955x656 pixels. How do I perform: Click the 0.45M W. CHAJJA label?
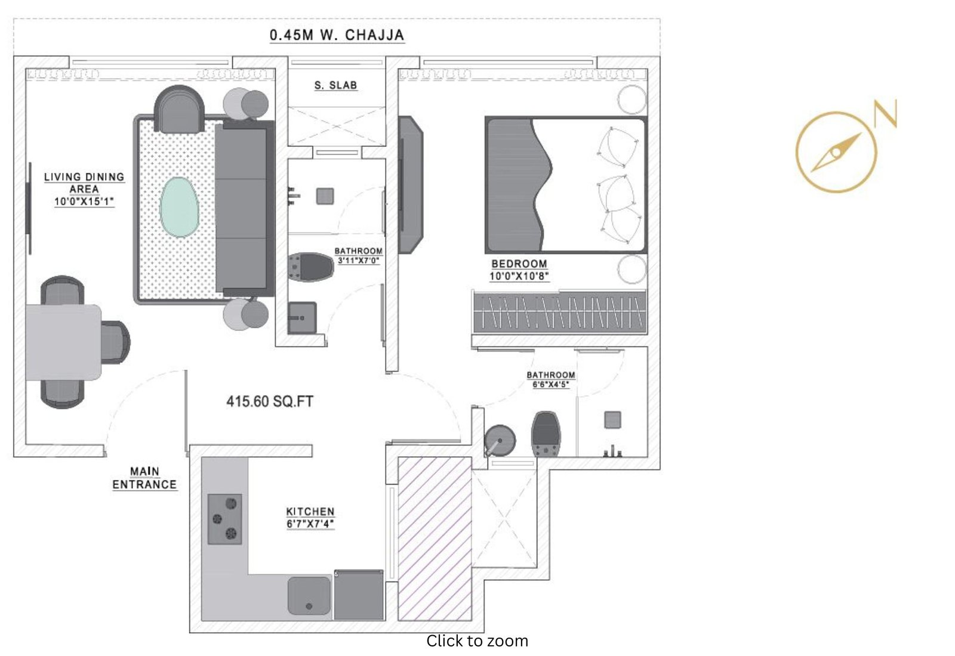[x=337, y=35]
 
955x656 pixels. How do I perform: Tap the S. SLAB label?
[x=336, y=86]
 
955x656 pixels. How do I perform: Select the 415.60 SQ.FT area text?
[x=269, y=401]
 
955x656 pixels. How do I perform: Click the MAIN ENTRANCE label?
[x=144, y=478]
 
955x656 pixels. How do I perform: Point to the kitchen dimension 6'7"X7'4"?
[x=310, y=524]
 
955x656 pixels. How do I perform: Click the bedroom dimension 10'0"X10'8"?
[x=519, y=276]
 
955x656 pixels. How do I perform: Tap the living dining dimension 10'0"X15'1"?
[x=84, y=202]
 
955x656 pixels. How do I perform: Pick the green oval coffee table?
[x=179, y=207]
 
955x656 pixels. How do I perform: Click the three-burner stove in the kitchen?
[x=224, y=519]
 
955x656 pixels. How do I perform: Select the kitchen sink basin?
[x=309, y=596]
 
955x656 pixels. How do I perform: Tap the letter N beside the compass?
[x=885, y=113]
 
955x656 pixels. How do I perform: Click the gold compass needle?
[x=836, y=152]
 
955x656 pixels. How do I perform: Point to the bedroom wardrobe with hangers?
[x=560, y=312]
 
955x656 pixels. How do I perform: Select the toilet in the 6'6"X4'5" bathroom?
[x=546, y=434]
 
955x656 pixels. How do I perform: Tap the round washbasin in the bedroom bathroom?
[x=500, y=440]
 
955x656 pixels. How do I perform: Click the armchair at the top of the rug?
[x=179, y=109]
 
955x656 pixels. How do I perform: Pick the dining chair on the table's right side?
[x=116, y=342]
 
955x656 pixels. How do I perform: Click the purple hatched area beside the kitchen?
[x=435, y=539]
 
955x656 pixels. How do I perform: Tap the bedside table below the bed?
[x=632, y=269]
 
